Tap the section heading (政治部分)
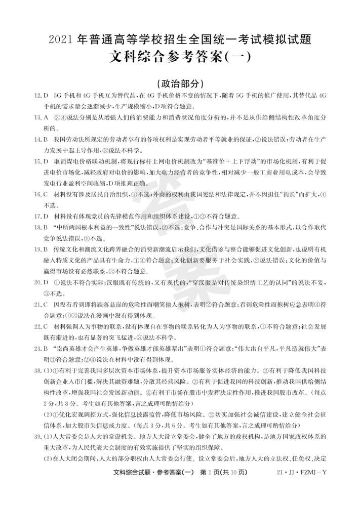(180, 83)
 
